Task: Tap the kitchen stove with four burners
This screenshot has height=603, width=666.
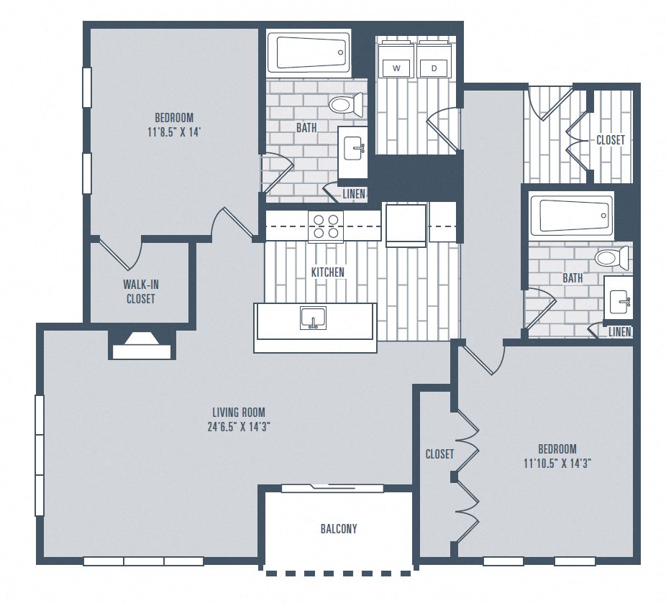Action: [x=325, y=226]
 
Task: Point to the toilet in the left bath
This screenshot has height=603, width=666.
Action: [x=349, y=106]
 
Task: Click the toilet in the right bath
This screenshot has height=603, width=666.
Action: [x=611, y=257]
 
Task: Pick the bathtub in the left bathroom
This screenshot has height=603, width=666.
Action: [x=309, y=52]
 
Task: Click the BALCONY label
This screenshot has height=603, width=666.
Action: [x=338, y=529]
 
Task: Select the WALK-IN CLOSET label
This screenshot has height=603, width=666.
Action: [x=140, y=292]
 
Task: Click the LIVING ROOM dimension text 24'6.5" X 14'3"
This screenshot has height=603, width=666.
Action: [x=238, y=425]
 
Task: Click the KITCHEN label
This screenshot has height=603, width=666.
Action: [x=327, y=272]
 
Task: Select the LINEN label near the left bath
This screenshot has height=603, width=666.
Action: [x=354, y=194]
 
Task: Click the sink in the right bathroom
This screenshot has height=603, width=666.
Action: [x=619, y=298]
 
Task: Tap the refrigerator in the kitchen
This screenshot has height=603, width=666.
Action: [x=406, y=225]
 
